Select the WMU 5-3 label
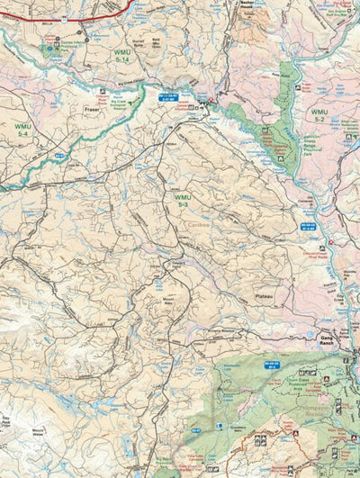pos(183,201)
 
